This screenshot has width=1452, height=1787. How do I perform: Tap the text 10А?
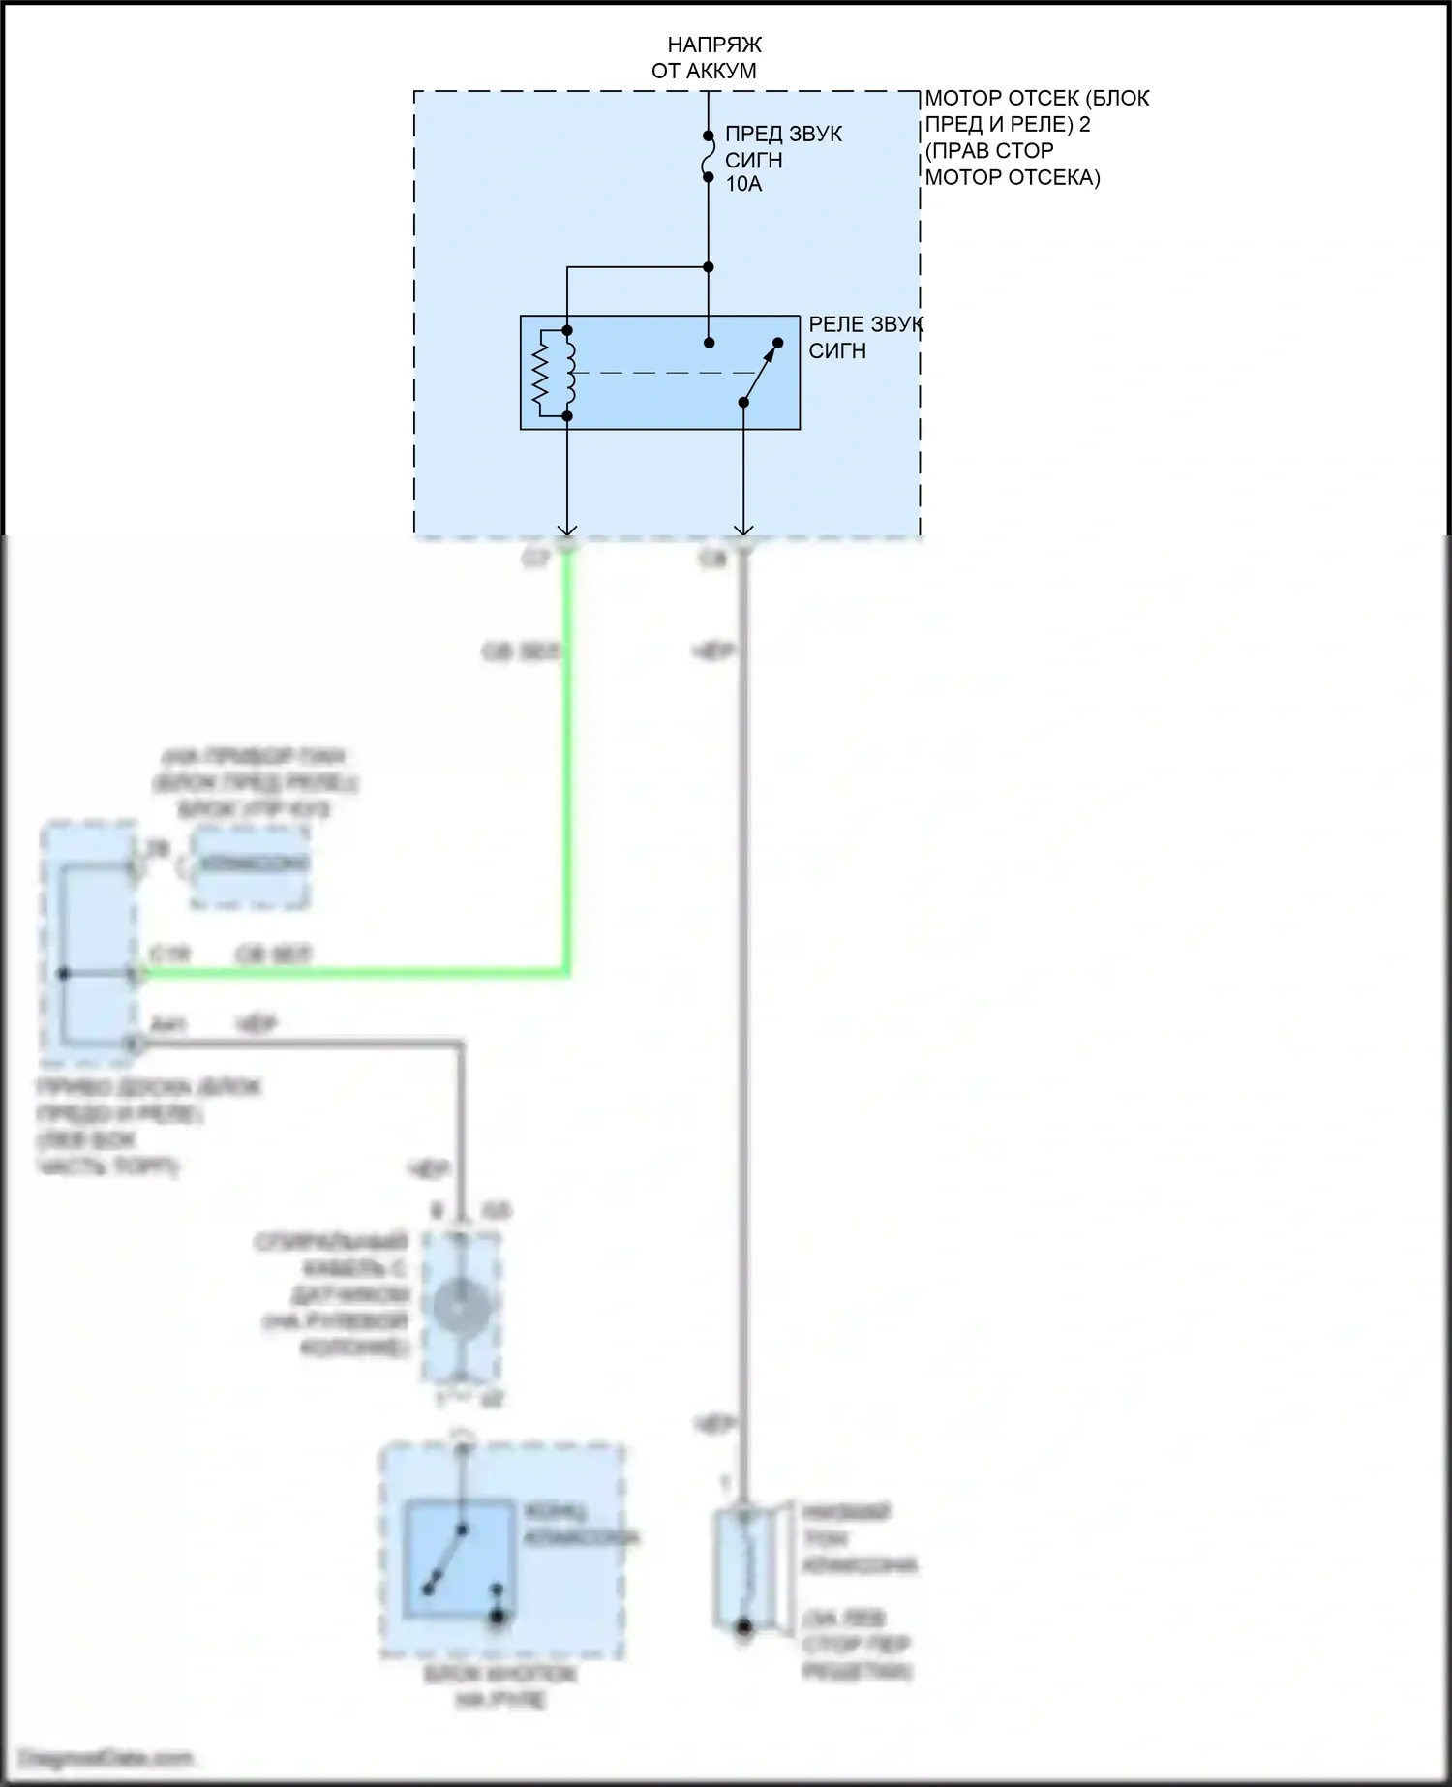click(x=743, y=184)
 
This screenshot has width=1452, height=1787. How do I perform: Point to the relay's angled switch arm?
click(x=761, y=372)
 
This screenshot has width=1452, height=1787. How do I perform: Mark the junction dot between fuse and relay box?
click(x=708, y=266)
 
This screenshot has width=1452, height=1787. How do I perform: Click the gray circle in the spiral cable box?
click(x=460, y=1306)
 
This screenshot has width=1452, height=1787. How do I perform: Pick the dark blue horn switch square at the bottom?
click(x=460, y=1559)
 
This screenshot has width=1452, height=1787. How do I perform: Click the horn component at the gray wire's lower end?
click(x=742, y=1568)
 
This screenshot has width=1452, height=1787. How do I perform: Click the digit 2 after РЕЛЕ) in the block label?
click(x=1084, y=125)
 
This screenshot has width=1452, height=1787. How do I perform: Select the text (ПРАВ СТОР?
click(x=988, y=151)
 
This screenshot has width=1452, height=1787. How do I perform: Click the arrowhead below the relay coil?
click(x=567, y=529)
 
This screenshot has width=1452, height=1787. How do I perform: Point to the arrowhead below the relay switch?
click(x=742, y=529)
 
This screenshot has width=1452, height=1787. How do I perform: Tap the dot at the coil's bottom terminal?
click(x=567, y=416)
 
